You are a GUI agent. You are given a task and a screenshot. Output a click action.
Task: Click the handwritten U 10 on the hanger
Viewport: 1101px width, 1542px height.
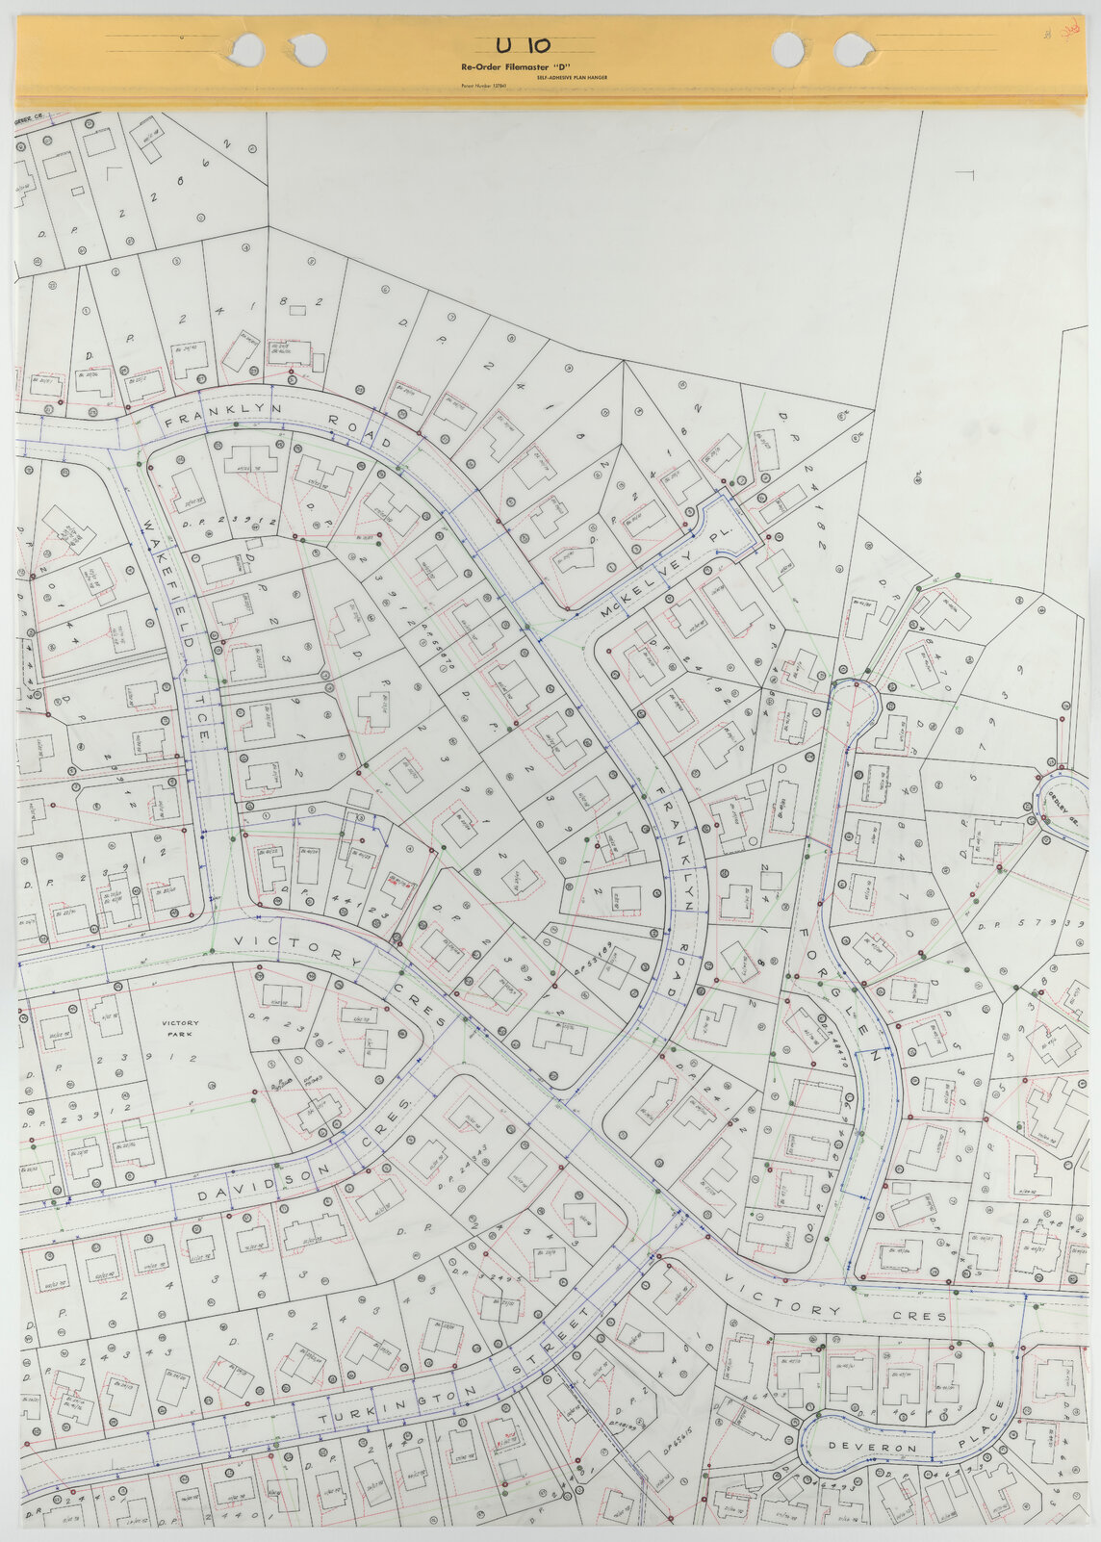point(524,44)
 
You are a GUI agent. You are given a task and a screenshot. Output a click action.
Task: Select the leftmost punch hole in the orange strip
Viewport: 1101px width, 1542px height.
point(247,46)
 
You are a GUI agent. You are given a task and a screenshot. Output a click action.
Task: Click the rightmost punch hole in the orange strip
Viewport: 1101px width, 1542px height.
point(851,47)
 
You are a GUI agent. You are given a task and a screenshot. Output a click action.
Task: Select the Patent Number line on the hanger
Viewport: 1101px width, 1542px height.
point(483,87)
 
